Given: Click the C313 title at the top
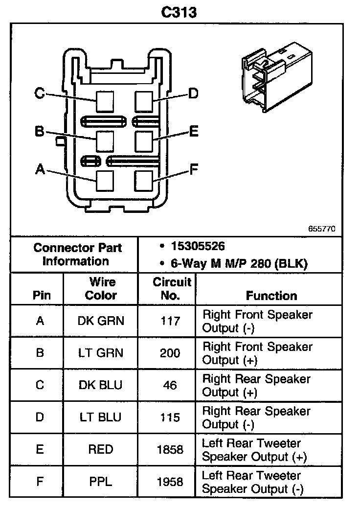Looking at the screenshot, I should coord(180,12).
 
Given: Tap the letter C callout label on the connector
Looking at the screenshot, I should coord(40,93).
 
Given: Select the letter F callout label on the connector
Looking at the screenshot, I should coord(194,170).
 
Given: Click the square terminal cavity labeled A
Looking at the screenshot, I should coord(105,180).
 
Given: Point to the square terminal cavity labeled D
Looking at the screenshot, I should coord(144,101).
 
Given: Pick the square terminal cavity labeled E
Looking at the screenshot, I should coord(144,141).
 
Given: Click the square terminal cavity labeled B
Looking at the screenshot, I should coord(105,141).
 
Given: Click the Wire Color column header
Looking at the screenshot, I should coord(101,289).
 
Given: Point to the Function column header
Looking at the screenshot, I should coord(271,296).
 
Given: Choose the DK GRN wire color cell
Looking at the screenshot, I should coord(101,321).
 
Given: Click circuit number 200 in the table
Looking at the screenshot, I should coord(170,353).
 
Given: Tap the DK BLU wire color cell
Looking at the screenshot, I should coord(101,385).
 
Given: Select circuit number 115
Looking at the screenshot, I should coord(170,417).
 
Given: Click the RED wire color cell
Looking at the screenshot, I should coord(101,449).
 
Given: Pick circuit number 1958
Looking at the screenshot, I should coord(170,482).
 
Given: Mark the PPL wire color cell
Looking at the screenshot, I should coord(101,482).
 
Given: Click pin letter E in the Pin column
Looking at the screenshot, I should coord(40,449).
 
